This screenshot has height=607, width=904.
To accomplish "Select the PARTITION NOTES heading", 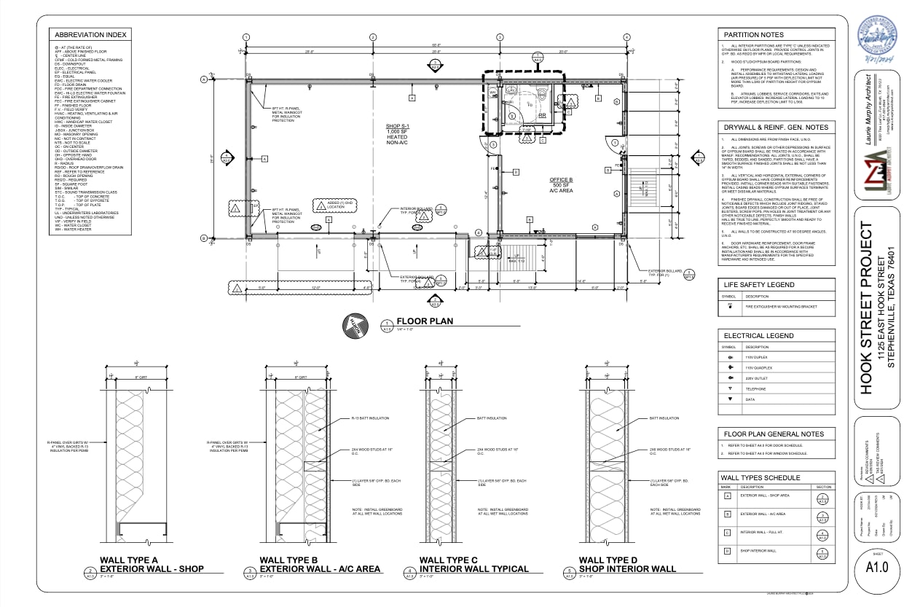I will pyautogui.click(x=752, y=34).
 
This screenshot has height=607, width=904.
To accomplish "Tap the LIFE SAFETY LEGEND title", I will pyautogui.click(x=758, y=284).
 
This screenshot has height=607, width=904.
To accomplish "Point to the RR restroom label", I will pyautogui.click(x=541, y=115).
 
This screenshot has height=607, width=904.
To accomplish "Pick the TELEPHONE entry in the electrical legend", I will pyautogui.click(x=755, y=389).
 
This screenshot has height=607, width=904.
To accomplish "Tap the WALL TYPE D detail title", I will pyautogui.click(x=616, y=560).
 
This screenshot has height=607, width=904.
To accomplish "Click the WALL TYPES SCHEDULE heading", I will pyautogui.click(x=760, y=477).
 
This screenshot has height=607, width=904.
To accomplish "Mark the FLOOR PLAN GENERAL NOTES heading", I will pyautogui.click(x=773, y=434).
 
